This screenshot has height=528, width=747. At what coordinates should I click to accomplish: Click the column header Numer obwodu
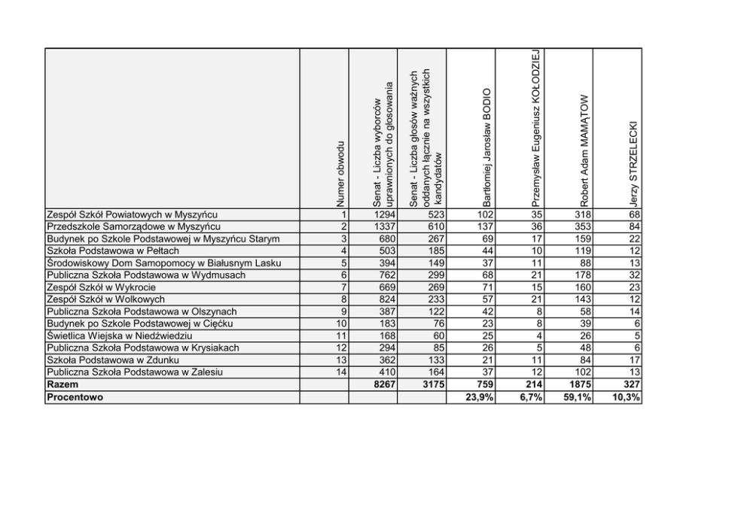click(340, 173)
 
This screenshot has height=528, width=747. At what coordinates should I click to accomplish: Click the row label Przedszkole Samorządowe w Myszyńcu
click(133, 226)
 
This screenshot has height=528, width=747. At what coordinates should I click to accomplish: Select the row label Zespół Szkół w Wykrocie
click(102, 287)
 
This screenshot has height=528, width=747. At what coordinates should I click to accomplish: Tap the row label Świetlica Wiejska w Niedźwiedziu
click(119, 336)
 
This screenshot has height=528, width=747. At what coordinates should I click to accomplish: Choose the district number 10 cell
click(340, 324)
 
